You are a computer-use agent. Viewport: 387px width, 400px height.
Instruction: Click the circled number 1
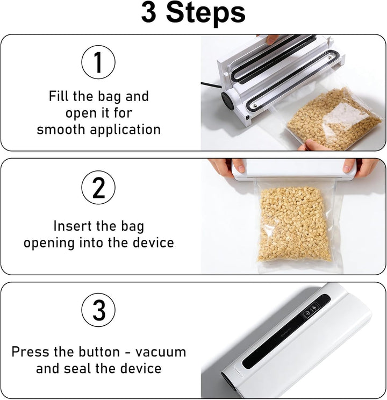pyautogui.click(x=98, y=62)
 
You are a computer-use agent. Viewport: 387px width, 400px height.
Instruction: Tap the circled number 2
pyautogui.click(x=98, y=188)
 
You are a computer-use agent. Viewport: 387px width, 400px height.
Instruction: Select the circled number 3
pyautogui.click(x=98, y=310)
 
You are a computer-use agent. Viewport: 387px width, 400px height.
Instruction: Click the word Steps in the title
pyautogui.click(x=206, y=13)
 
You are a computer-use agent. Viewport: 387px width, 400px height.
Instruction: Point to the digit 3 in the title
pyautogui.click(x=148, y=12)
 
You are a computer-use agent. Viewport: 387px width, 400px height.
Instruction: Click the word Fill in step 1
pyautogui.click(x=59, y=96)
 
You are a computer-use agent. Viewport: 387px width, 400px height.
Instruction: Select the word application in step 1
pyautogui.click(x=125, y=130)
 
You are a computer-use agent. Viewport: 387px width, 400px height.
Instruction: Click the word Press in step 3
pyautogui.click(x=30, y=352)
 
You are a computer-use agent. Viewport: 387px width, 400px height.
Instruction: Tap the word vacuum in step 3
pyautogui.click(x=161, y=353)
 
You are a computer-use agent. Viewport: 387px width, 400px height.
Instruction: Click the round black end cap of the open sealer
pyautogui.click(x=227, y=101)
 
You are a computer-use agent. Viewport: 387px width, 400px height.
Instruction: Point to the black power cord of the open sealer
pyautogui.click(x=211, y=85)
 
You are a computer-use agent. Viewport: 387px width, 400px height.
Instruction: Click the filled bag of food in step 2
pyautogui.click(x=295, y=225)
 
